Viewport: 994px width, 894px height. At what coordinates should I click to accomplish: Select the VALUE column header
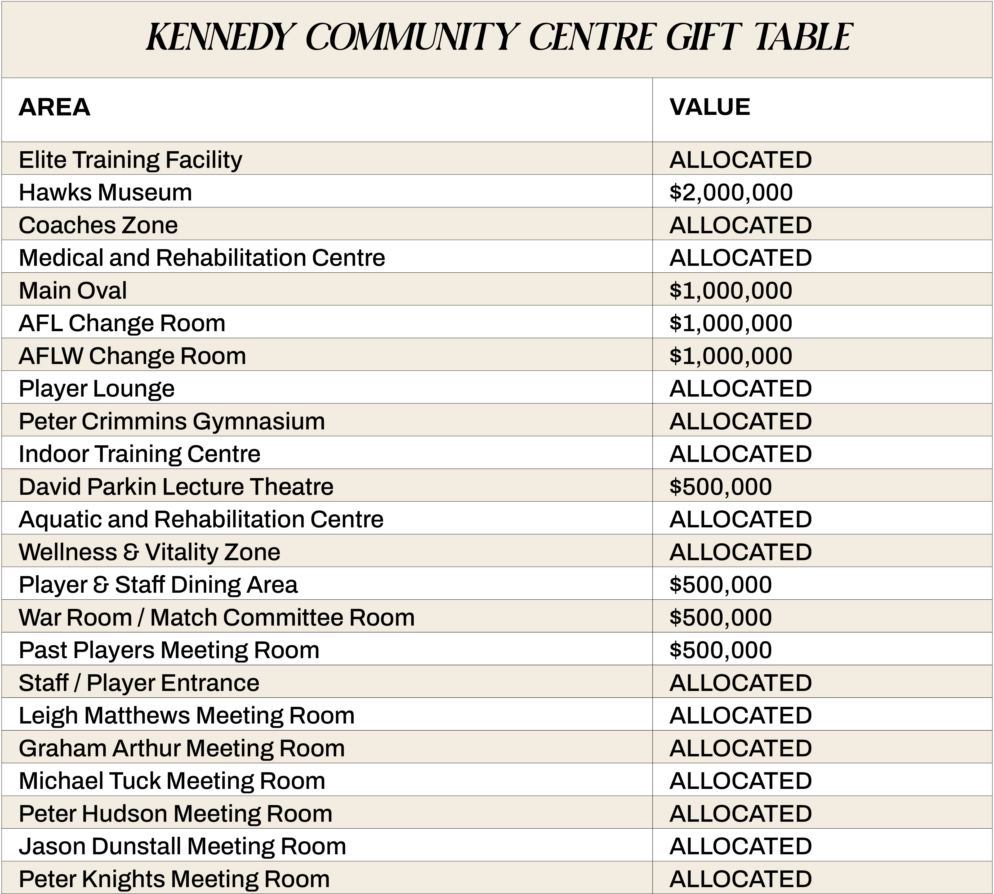(710, 107)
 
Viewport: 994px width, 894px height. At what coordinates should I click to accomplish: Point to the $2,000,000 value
(731, 192)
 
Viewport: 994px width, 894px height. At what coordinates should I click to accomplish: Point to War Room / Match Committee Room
(216, 617)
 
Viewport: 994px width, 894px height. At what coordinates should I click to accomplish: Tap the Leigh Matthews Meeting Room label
(186, 716)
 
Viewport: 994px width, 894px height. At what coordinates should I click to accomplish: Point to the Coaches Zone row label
(98, 225)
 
